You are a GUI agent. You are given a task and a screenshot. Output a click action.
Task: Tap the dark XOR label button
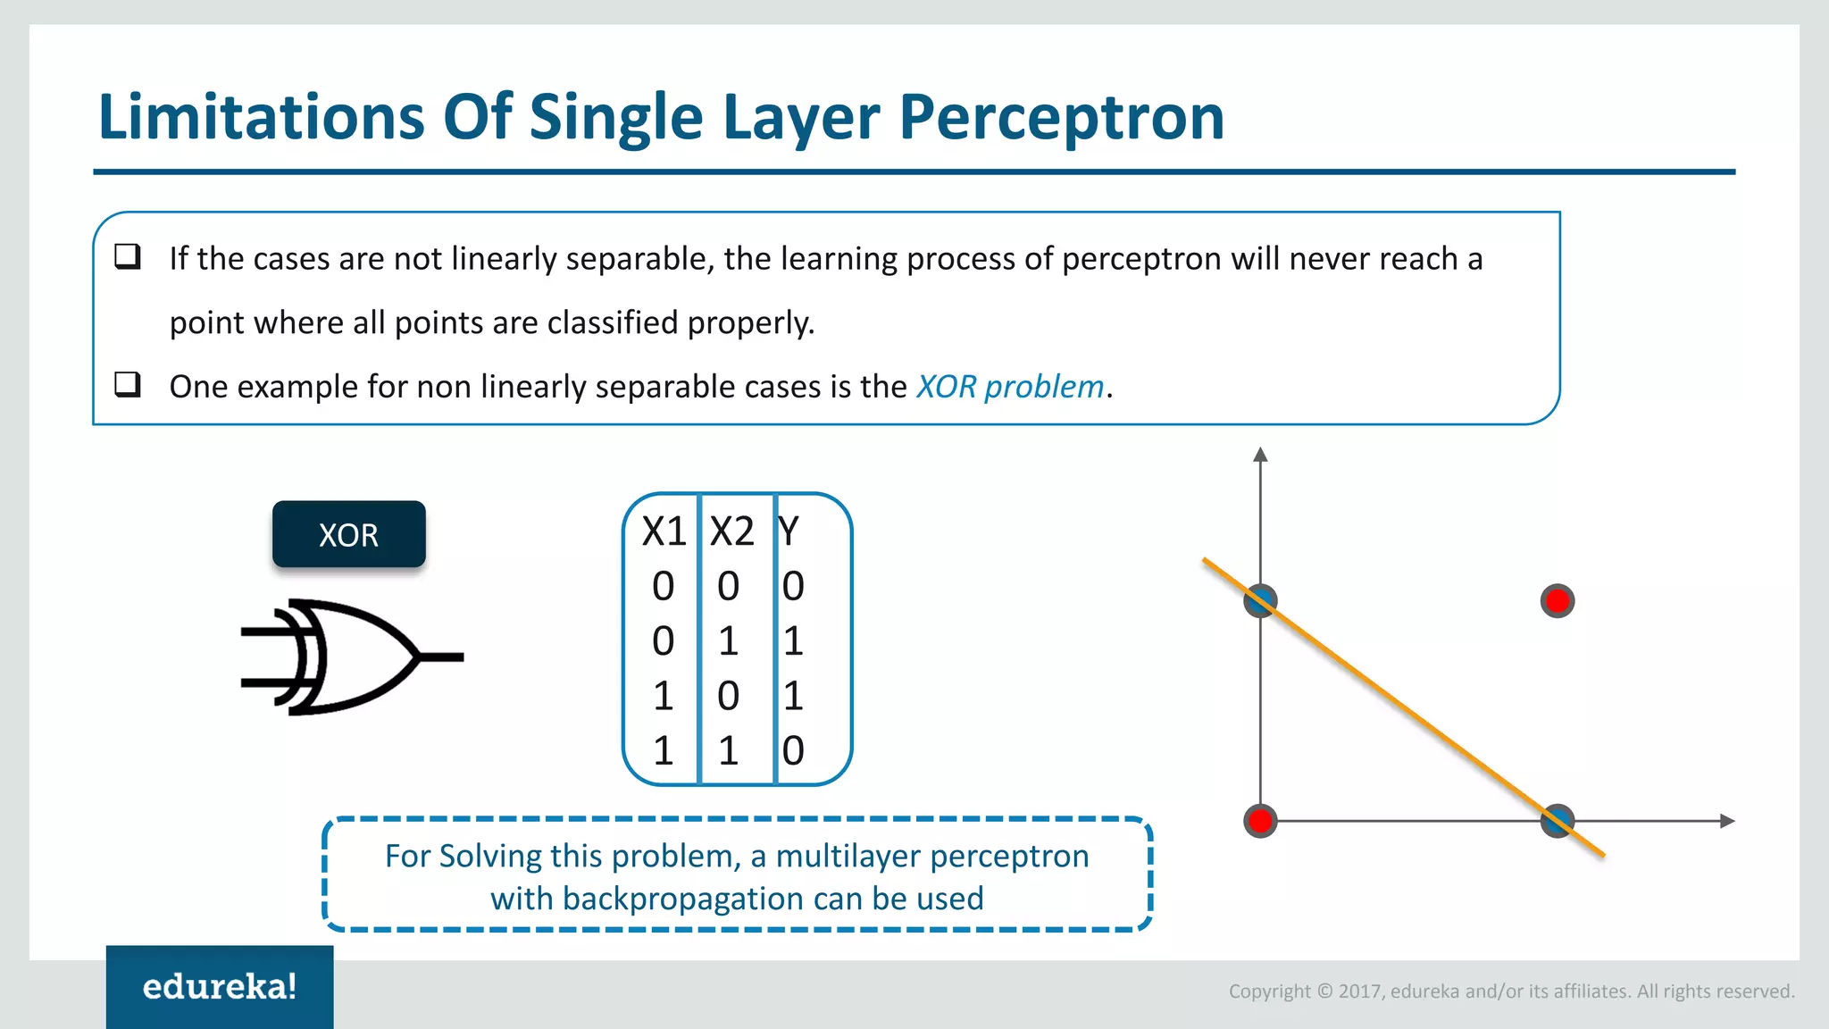[348, 534]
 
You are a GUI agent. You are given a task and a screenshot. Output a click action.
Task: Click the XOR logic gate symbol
[348, 657]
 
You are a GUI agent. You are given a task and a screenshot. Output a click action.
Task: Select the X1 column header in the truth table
[664, 532]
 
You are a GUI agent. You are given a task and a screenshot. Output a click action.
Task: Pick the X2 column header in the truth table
[731, 532]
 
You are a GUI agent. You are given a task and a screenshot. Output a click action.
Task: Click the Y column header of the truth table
[788, 532]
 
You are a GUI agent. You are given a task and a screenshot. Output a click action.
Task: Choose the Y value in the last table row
[793, 750]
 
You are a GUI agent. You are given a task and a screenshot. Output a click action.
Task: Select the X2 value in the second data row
[728, 641]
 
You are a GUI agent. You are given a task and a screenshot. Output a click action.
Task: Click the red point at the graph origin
[1260, 820]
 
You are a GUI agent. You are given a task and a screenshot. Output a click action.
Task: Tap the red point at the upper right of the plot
[1558, 601]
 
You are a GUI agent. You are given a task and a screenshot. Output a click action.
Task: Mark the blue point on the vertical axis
[1260, 601]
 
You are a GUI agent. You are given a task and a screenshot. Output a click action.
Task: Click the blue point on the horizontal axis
[1558, 820]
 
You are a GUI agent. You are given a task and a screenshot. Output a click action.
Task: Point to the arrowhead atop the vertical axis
[1260, 455]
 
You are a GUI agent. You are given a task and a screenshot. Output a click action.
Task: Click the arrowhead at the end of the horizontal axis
[1727, 821]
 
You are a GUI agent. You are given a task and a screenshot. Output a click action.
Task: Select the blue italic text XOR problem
[1010, 387]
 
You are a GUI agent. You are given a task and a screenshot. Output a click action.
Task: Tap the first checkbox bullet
[128, 257]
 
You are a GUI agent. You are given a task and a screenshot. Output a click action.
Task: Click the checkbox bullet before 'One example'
[128, 385]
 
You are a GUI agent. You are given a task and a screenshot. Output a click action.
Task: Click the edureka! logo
[220, 986]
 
